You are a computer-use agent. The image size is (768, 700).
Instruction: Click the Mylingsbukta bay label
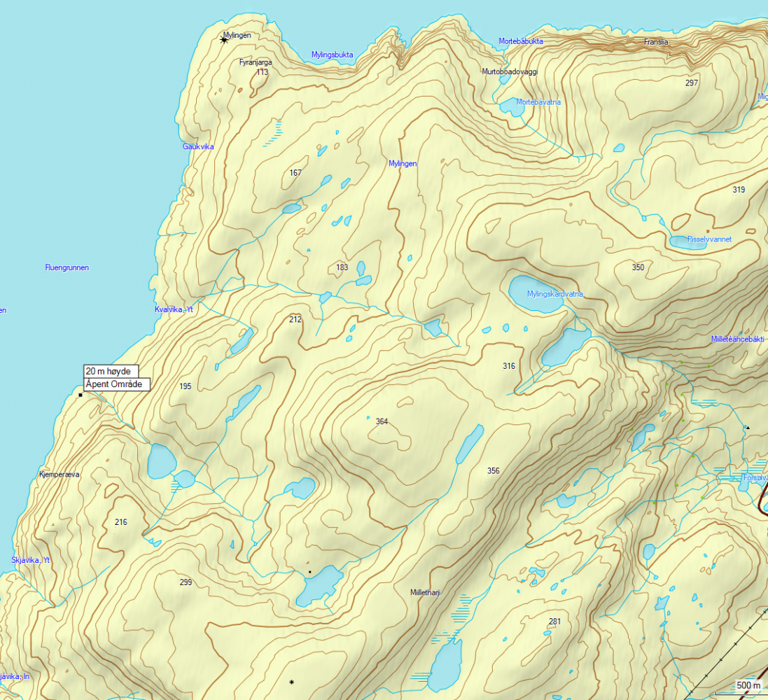332,55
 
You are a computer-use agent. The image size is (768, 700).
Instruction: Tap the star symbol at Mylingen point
224,40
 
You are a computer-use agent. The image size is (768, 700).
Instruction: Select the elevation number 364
382,421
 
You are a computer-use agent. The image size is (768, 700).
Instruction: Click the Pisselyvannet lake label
709,239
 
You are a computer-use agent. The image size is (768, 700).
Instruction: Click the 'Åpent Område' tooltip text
114,384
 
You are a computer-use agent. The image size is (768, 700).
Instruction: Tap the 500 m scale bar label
748,685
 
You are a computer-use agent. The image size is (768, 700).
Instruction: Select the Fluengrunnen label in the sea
67,267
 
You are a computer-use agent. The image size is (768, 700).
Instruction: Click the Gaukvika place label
198,146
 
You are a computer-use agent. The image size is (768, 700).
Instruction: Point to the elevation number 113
263,72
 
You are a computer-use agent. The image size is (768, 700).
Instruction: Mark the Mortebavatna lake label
538,102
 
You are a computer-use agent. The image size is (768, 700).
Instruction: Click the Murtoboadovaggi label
509,71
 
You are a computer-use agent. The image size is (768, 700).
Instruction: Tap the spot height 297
692,83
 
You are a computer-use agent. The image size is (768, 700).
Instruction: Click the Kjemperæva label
60,474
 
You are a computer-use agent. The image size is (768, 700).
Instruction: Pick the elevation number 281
554,622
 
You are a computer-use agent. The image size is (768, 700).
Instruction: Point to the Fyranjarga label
256,62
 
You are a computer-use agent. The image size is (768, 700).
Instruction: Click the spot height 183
342,267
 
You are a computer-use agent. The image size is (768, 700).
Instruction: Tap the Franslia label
656,42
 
